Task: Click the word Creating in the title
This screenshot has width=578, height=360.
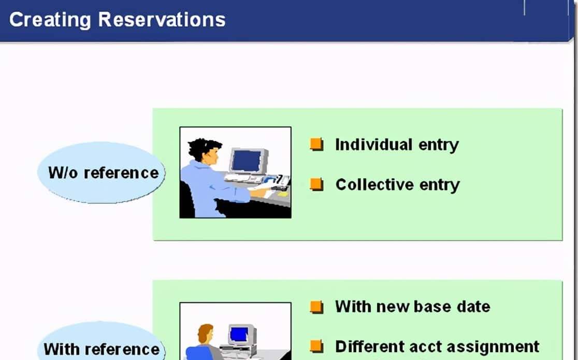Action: [50, 20]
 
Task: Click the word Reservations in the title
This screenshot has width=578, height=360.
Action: [162, 19]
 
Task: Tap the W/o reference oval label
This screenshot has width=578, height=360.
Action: [102, 172]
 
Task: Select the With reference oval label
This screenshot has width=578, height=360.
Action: [102, 343]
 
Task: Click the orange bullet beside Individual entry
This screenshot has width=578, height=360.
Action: [316, 144]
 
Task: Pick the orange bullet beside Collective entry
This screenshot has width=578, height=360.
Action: [316, 184]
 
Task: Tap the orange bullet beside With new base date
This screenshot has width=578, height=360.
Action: [316, 307]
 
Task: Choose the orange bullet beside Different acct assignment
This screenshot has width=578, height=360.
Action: [316, 347]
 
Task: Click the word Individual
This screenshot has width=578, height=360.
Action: [373, 144]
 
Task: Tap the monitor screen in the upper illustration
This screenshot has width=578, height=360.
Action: [246, 161]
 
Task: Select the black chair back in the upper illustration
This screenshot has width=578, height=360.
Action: [187, 200]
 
